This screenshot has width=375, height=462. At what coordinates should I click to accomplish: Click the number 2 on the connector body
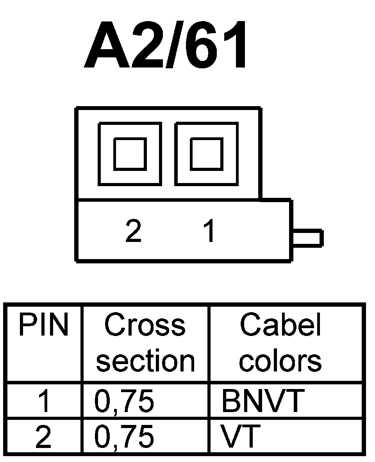(133, 231)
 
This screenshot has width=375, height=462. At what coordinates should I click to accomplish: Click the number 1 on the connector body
(210, 231)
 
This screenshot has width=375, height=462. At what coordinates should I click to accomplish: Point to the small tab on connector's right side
(308, 238)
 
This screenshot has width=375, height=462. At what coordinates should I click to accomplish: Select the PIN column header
(43, 325)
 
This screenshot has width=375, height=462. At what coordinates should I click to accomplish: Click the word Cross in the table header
(145, 325)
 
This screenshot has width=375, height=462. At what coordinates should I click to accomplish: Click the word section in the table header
(145, 361)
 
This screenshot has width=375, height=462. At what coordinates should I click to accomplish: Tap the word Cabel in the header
(280, 325)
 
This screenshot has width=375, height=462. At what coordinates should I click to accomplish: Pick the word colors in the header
(280, 361)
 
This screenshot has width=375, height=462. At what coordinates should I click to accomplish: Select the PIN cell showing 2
(43, 437)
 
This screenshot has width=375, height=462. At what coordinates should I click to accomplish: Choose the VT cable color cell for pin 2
(241, 437)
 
